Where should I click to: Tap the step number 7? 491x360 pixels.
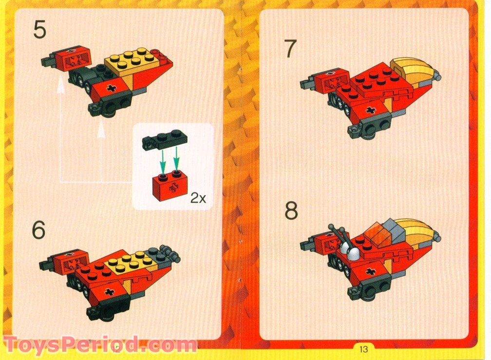click(x=290, y=49)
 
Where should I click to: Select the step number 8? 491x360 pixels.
click(x=291, y=211)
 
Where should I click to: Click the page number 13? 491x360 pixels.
click(x=363, y=349)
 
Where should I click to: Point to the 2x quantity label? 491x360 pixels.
click(x=198, y=198)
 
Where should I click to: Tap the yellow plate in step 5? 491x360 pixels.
click(x=130, y=60)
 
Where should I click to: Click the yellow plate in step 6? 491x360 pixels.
click(x=129, y=260)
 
